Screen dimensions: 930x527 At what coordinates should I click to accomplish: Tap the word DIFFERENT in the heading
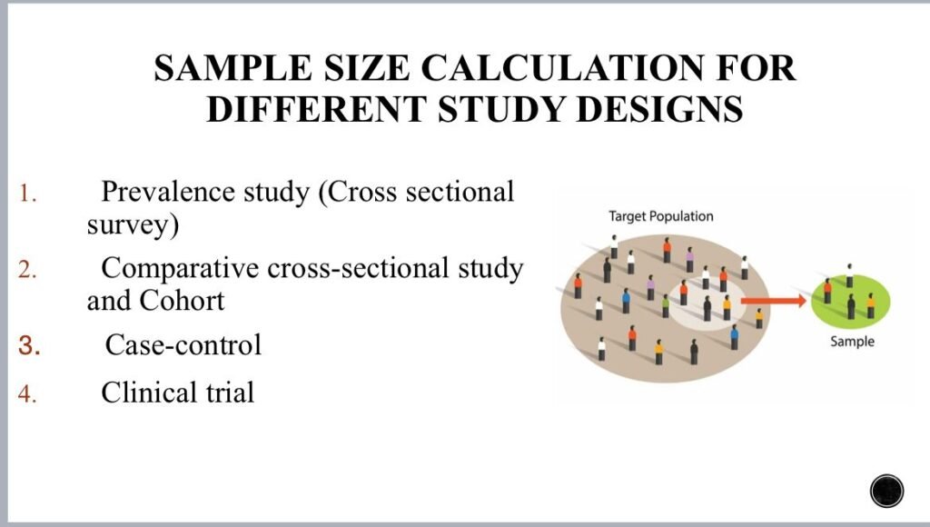point(315,109)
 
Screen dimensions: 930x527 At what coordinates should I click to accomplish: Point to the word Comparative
point(180,268)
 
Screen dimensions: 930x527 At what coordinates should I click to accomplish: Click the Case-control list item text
point(183,344)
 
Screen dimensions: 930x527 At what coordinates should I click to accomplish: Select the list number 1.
point(28,194)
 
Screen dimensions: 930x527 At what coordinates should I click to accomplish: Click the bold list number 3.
point(29,345)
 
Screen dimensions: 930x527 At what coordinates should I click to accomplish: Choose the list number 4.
point(27,393)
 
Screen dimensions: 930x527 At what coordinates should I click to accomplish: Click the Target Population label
point(661,216)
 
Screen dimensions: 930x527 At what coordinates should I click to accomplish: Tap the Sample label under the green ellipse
point(852,342)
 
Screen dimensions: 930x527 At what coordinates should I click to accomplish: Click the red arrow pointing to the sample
point(774,301)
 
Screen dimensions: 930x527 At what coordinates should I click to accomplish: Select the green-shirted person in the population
point(666,306)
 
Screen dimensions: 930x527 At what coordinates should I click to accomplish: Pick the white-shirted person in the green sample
point(849,275)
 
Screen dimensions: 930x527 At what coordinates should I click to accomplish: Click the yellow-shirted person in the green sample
point(870,305)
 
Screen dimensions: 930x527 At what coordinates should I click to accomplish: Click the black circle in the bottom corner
point(886,492)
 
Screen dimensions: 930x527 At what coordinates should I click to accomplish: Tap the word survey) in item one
point(133,225)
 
